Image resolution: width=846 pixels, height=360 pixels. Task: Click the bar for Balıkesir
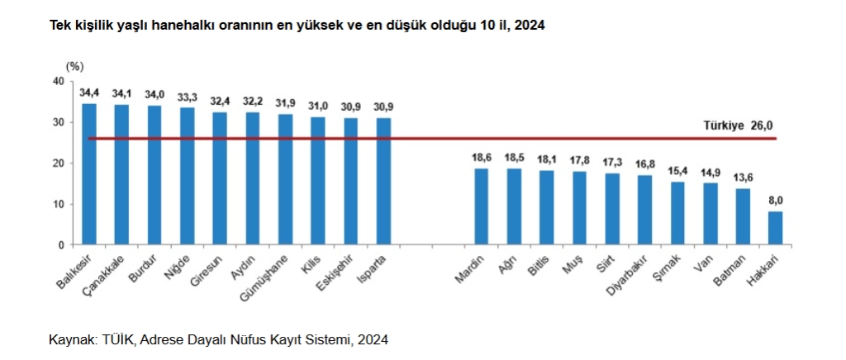88,173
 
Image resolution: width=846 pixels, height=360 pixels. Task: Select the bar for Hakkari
775,228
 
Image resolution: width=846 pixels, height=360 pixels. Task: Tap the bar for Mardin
481,206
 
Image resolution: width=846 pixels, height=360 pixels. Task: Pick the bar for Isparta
383,181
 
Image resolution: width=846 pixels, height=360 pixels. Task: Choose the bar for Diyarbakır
644,210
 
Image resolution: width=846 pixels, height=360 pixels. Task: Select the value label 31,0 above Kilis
318,107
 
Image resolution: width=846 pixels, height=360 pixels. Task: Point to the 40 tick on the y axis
57,81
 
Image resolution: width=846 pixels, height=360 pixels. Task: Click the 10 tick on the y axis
57,204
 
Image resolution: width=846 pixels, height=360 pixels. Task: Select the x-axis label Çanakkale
107,274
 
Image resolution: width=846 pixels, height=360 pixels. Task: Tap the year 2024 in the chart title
529,26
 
